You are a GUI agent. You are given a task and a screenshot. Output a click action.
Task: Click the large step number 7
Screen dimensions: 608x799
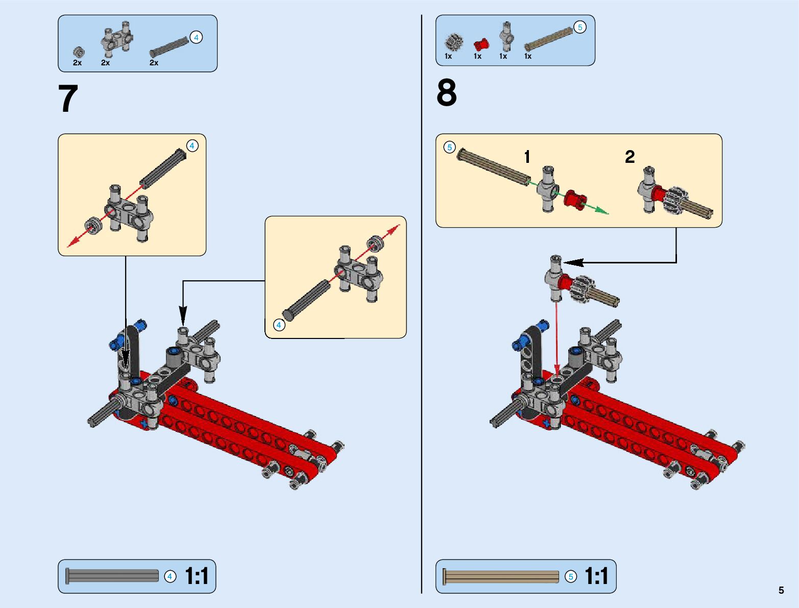[x=68, y=99]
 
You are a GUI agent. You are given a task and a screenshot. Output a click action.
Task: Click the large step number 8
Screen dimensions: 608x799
[x=446, y=93]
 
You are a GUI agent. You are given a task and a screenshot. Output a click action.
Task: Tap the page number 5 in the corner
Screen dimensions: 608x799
[x=781, y=590]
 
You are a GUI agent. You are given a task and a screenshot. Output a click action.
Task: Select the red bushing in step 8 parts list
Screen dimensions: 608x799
[x=480, y=44]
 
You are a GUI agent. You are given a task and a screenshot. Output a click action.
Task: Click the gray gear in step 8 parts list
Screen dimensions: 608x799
[x=453, y=42]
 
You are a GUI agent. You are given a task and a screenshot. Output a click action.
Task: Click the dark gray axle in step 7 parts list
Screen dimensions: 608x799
[x=170, y=46]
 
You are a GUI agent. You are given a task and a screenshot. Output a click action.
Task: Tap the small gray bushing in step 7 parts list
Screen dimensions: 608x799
[x=79, y=52]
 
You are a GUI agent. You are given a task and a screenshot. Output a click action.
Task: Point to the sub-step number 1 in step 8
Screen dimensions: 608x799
[x=527, y=157]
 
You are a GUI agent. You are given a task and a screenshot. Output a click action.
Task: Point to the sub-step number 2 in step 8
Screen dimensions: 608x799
[x=629, y=157]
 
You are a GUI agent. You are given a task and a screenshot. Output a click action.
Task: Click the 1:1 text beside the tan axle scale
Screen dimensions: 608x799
[x=596, y=576]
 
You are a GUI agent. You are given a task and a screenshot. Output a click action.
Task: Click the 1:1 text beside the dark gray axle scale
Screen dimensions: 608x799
[x=197, y=576]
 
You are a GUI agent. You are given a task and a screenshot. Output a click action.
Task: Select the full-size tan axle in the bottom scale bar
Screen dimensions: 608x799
[x=501, y=576]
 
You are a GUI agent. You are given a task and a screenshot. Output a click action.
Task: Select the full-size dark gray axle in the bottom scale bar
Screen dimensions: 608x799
[x=112, y=576]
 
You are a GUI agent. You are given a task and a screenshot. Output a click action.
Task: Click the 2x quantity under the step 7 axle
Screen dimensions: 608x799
[x=154, y=63]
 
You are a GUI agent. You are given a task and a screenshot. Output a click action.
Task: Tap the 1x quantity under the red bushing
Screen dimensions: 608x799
[x=477, y=56]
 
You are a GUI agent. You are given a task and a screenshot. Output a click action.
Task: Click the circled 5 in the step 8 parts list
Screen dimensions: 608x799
[x=580, y=28]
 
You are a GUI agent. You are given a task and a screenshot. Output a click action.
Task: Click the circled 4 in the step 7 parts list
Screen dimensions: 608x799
[x=196, y=37]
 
